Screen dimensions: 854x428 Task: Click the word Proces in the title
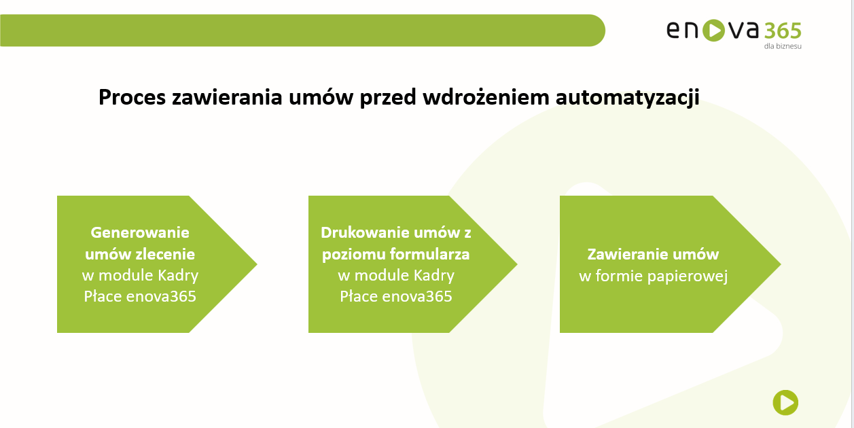[132, 96]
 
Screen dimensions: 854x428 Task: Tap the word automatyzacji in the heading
[628, 98]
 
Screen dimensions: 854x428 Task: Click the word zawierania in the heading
[227, 96]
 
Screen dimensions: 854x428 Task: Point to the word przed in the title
[388, 98]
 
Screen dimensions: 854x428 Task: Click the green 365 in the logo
[783, 31]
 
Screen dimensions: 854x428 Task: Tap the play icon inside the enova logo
[713, 30]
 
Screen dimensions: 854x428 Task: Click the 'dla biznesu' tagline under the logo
[783, 46]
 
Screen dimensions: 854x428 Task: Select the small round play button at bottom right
[785, 402]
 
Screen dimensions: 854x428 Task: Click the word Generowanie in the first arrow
[140, 232]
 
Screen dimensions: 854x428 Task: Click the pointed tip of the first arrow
[257, 264]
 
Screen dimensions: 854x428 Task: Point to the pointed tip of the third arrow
[781, 264]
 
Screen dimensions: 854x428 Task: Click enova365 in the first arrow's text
[161, 296]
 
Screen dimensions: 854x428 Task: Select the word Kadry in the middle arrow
[434, 276]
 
